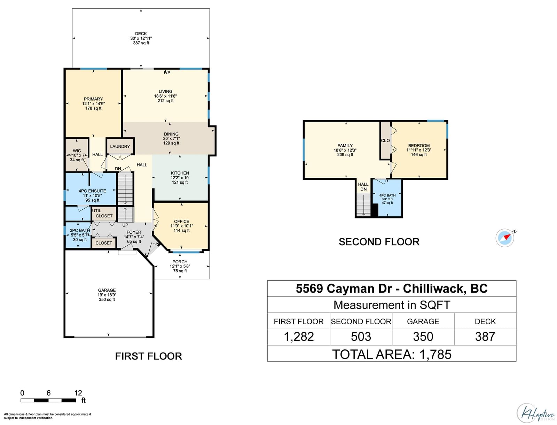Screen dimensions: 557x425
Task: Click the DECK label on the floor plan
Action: coord(141,34)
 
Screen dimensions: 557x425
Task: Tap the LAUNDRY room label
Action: coord(120,147)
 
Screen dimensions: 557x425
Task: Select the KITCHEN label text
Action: coord(180,173)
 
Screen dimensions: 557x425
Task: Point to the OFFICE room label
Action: coord(181,222)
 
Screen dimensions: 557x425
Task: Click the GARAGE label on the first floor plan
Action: coord(107,290)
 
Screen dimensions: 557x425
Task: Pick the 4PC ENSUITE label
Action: coord(92,191)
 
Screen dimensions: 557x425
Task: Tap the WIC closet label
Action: coord(77,151)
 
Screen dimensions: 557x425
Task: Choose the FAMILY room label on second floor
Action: coord(345,146)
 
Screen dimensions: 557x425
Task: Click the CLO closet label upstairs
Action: coord(385,141)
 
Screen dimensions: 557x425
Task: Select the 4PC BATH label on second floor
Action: coord(387,195)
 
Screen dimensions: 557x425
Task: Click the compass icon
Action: coord(505,238)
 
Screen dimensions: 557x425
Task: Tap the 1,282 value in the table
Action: coord(299,337)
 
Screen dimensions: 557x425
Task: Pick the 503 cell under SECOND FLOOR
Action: coord(361,337)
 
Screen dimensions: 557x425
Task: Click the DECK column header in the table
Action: coord(485,322)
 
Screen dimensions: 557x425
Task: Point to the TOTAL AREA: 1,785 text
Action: coord(392,354)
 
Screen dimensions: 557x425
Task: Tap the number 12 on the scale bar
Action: coord(78,393)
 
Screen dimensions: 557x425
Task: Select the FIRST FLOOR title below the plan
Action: coord(148,356)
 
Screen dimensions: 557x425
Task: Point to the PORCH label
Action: coord(180,262)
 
